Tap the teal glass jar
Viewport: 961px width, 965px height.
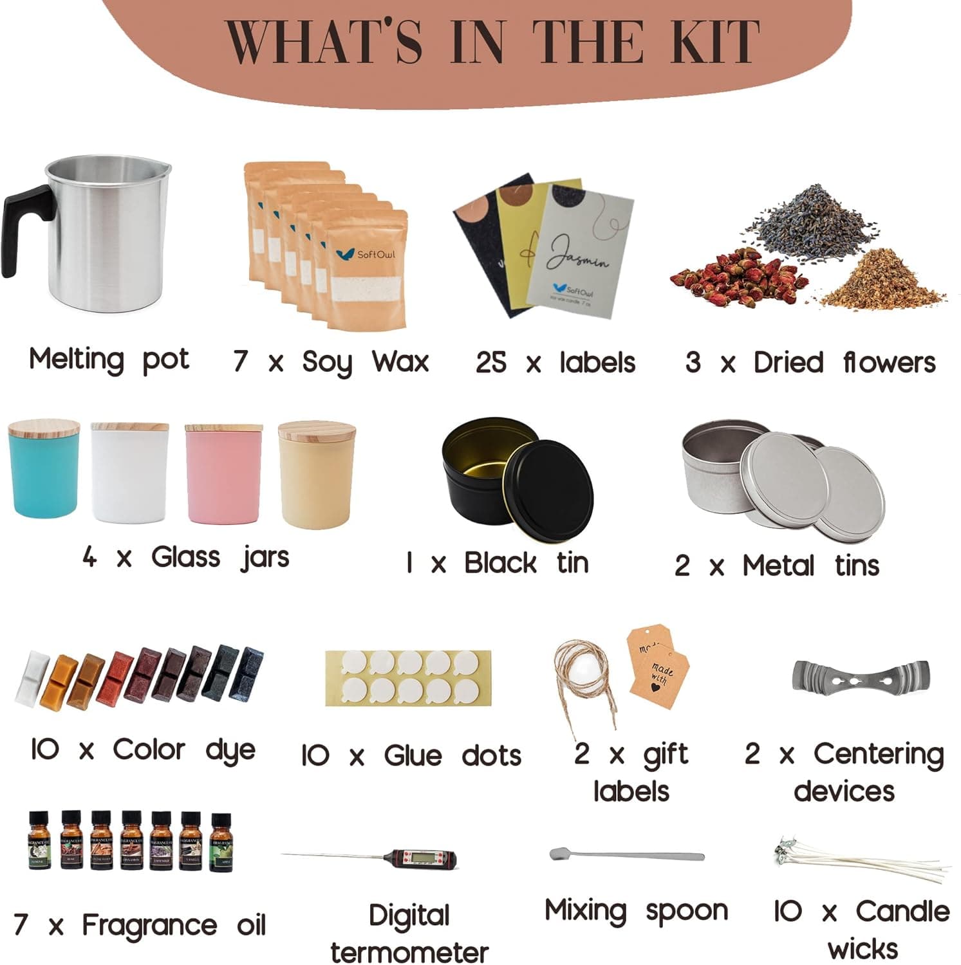pos(44,476)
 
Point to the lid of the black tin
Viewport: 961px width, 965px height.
pos(552,482)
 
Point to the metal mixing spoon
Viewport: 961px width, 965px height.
pos(627,856)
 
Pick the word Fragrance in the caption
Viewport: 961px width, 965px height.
pos(149,925)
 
